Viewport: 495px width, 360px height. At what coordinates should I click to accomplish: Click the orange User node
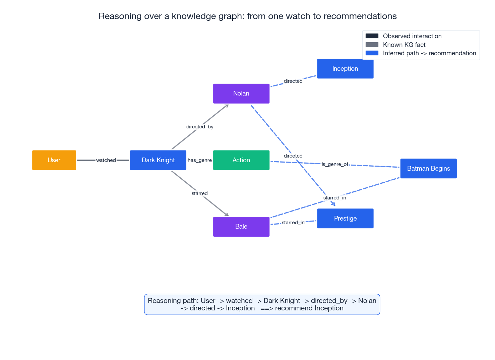click(x=54, y=160)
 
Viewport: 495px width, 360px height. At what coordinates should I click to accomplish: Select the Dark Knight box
click(x=158, y=160)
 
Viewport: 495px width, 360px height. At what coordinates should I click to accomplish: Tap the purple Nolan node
click(x=241, y=94)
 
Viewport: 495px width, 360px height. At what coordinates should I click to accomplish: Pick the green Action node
click(x=241, y=160)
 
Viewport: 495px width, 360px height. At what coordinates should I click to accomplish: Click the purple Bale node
click(x=241, y=227)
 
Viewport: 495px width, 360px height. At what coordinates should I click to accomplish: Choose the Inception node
click(x=345, y=69)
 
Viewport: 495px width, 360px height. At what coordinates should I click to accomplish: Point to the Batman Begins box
click(x=428, y=169)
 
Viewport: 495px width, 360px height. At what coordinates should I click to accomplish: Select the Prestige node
click(x=345, y=219)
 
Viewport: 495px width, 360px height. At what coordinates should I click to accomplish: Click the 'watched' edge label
click(x=106, y=160)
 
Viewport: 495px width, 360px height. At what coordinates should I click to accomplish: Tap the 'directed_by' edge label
click(x=200, y=127)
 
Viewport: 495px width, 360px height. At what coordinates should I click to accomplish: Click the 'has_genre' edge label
click(x=200, y=160)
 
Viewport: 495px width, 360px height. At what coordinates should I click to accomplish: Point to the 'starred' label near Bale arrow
click(x=200, y=193)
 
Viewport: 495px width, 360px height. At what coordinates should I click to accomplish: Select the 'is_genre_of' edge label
click(x=335, y=164)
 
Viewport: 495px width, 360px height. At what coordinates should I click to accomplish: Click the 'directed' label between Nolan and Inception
click(x=293, y=81)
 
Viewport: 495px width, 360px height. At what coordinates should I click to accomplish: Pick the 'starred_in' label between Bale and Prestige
click(x=293, y=223)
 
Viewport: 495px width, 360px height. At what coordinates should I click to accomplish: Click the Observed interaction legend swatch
click(x=372, y=36)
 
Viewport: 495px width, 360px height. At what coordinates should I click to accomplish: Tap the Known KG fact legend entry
click(x=404, y=45)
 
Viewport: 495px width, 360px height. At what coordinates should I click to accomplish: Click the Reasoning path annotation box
click(x=262, y=304)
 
